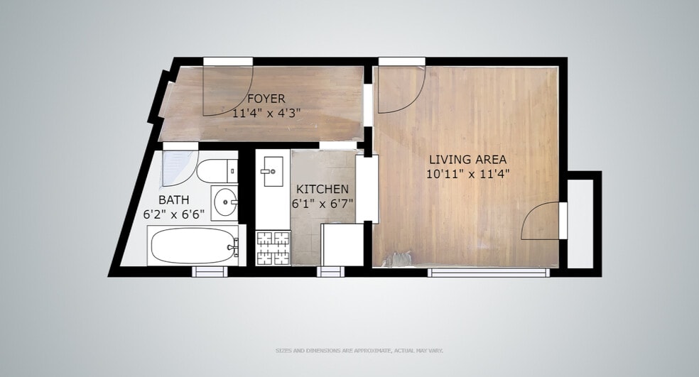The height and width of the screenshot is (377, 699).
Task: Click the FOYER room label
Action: tap(266, 99)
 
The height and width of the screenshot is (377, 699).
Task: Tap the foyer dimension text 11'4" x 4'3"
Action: tap(266, 113)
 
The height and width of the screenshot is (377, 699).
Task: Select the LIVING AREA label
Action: tap(467, 159)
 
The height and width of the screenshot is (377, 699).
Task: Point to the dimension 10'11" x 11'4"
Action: tap(467, 174)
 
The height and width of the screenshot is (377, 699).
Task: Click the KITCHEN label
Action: tap(323, 189)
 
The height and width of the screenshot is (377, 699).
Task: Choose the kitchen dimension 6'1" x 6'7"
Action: tap(323, 204)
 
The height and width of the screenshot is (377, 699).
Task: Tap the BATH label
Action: tap(174, 200)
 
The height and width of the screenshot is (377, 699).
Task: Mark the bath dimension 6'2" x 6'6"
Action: tap(174, 214)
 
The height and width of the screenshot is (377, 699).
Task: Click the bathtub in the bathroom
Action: tap(195, 246)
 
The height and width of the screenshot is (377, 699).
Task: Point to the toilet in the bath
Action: tap(217, 171)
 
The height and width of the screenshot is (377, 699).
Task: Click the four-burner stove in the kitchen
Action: tap(273, 248)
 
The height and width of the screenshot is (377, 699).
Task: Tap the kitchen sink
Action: tap(272, 171)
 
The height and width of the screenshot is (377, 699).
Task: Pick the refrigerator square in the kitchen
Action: tap(342, 245)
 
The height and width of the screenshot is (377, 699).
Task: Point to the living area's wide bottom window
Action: tap(489, 273)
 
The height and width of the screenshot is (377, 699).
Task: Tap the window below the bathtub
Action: tap(210, 271)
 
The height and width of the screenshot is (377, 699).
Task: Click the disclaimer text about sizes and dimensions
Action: tap(359, 351)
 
